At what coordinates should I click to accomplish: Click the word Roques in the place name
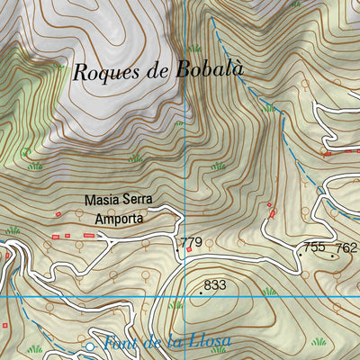[x=102, y=74]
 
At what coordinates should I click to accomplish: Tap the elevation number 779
[x=191, y=243]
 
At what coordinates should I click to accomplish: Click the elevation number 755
[x=314, y=247]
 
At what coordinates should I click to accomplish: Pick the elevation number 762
[x=346, y=247]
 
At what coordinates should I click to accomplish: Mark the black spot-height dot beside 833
[x=201, y=292]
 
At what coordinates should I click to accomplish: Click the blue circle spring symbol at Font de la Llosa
[x=90, y=346]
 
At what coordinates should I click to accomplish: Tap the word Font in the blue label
[x=118, y=343]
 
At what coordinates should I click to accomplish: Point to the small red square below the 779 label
[x=189, y=255]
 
